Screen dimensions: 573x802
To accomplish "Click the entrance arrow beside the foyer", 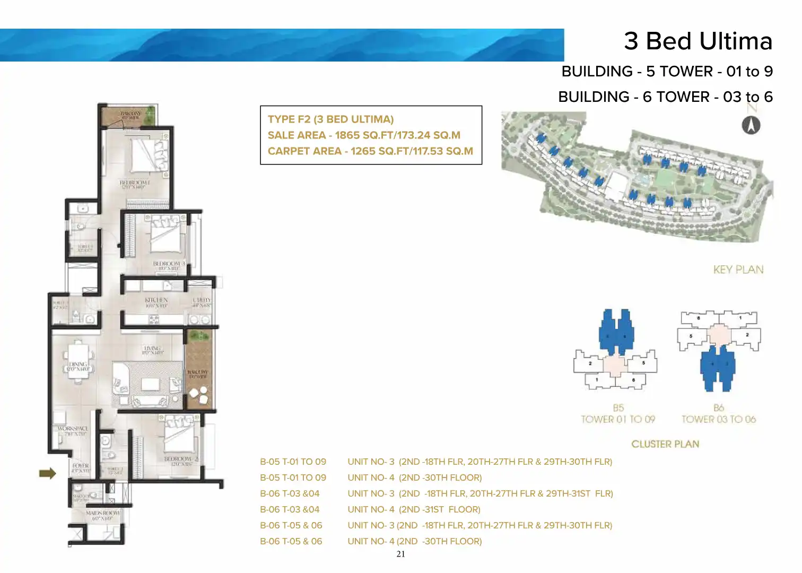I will pos(48,473).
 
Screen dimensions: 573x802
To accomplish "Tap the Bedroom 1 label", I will pos(134,184).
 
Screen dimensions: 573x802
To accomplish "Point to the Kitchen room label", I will pos(156,300).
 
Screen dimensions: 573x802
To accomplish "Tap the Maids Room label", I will pos(103,514).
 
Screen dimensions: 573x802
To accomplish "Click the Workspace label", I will pos(73,428).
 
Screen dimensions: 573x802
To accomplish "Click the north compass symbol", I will pos(751,126).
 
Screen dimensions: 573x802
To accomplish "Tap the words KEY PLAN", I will pos(738,270).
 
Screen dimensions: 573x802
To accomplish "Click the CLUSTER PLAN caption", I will pos(665,444).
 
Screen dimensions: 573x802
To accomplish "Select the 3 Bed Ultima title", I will pos(698,41).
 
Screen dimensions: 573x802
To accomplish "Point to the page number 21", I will pos(400,554).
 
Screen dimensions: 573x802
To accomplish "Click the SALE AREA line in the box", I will pos(364,135).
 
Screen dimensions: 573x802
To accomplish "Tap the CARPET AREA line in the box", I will pos(370,151).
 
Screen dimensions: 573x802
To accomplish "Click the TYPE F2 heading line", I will pos(330,119).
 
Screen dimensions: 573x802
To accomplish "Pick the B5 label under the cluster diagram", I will pos(618,408).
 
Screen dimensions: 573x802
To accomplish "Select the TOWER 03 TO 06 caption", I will pos(718,419).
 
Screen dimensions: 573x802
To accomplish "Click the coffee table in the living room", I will pos(150,384).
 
